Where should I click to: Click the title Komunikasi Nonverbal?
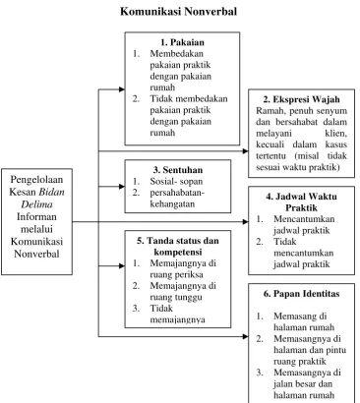click(178, 12)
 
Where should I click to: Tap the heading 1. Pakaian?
click(182, 42)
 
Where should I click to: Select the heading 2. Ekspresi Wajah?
click(301, 99)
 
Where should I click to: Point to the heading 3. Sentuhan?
click(178, 170)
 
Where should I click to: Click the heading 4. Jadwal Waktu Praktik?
click(301, 202)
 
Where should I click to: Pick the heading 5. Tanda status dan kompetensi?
click(178, 247)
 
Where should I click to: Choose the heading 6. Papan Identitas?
click(301, 294)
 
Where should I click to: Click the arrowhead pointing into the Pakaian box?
click(122, 89)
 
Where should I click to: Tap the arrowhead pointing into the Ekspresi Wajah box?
click(245, 151)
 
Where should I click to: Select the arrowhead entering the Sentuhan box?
click(122, 187)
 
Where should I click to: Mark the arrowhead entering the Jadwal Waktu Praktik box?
click(245, 222)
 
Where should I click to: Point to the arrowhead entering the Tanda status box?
click(122, 265)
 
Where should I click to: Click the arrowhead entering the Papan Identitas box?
click(245, 336)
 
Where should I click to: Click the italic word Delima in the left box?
click(36, 204)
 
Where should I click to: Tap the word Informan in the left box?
click(36, 216)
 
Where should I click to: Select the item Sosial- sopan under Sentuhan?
click(176, 182)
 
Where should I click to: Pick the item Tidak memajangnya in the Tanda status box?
click(177, 314)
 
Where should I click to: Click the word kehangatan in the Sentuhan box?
click(172, 204)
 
